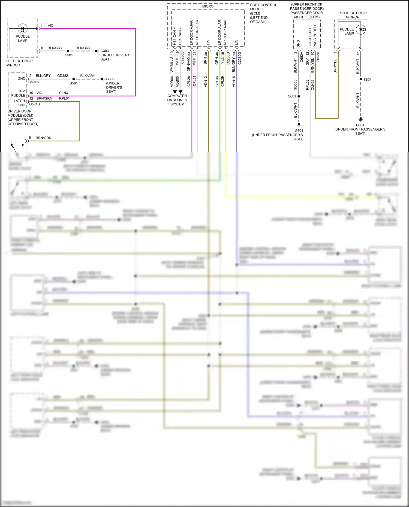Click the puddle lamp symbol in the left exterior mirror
pos(22,28)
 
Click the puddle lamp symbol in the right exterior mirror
pos(360,30)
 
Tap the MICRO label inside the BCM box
pos(208,6)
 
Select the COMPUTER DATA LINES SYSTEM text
pos(177,100)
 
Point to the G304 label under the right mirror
pos(360,125)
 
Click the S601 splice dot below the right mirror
pos(361,79)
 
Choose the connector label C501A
pos(34,82)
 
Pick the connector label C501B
pos(35,104)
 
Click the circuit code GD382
pos(63,75)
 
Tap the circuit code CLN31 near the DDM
pos(64,93)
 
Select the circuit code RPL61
pos(64,98)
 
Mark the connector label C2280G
pos(240,58)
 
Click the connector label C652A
pos(302,57)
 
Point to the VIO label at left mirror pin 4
pos(50,26)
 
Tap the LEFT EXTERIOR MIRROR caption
pos(19,63)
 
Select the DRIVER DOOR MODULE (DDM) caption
pos(20,113)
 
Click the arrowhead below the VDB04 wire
pos(175,92)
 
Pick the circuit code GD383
pos(295,85)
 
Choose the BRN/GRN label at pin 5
pos(43,138)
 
